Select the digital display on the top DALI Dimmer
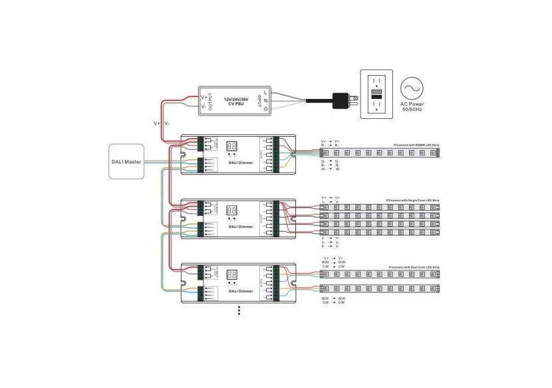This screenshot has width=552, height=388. coord(233,144)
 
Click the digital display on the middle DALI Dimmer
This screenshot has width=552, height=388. coord(233,208)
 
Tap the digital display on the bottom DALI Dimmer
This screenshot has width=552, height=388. coord(233,272)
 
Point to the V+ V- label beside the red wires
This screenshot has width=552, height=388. coord(161,124)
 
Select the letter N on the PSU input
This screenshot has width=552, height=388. coord(265,101)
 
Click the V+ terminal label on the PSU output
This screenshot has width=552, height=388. coord(204,97)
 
